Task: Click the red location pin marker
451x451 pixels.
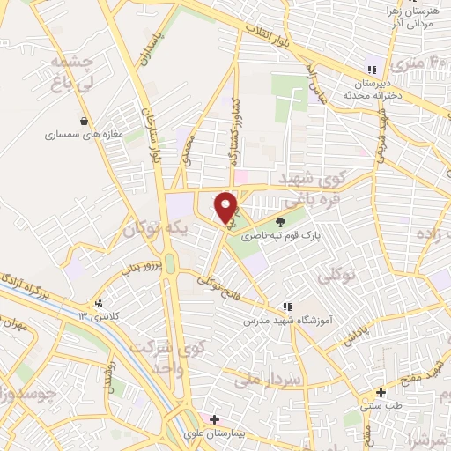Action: (x=225, y=207)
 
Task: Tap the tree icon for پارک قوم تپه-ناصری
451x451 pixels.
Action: (x=281, y=222)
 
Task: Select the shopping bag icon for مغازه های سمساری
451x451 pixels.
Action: (x=84, y=122)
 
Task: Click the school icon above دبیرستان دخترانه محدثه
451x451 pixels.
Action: (x=371, y=70)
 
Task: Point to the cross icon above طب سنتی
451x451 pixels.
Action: (x=381, y=393)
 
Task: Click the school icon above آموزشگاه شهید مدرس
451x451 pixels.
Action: (x=287, y=307)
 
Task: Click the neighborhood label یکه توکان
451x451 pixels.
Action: (x=155, y=231)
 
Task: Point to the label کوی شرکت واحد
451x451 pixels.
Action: (x=161, y=354)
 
